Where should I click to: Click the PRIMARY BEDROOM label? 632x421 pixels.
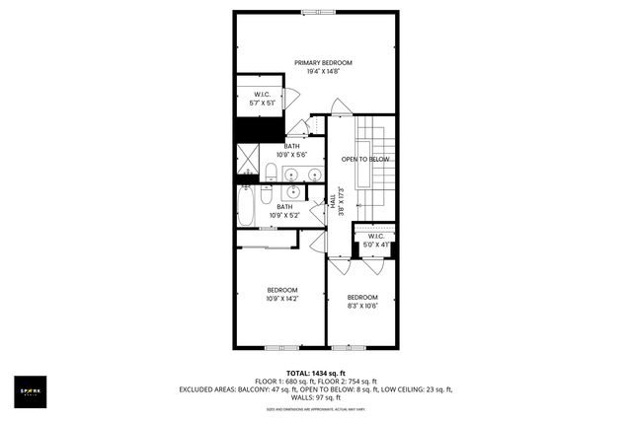(323, 62)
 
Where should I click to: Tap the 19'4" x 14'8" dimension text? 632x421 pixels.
(323, 71)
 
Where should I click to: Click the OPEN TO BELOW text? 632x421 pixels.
(365, 159)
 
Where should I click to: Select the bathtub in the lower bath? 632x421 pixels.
(247, 207)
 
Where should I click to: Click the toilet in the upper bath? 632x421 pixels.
(270, 174)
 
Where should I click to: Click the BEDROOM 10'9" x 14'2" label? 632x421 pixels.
(282, 293)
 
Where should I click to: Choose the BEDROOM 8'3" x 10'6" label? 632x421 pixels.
(362, 301)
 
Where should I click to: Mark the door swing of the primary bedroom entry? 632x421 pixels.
(340, 106)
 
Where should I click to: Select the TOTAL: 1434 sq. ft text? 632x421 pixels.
(315, 372)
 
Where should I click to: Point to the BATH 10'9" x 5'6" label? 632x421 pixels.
(291, 151)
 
